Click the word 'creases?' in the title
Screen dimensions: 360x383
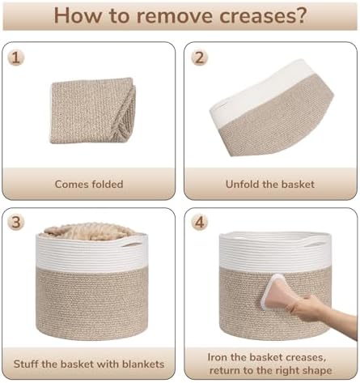tap(263, 15)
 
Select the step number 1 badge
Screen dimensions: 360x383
tap(16, 57)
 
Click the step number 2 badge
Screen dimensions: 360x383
tap(199, 57)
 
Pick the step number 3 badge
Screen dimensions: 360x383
tap(16, 222)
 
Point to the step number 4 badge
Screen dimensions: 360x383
tap(199, 222)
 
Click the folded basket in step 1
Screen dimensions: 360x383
tap(93, 111)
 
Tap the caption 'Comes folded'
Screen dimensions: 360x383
tap(89, 185)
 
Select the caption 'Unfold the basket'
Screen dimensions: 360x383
tap(270, 185)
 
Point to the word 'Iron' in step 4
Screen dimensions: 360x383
tap(218, 357)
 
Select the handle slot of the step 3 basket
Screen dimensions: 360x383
tap(131, 245)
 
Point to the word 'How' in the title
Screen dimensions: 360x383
tap(78, 15)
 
